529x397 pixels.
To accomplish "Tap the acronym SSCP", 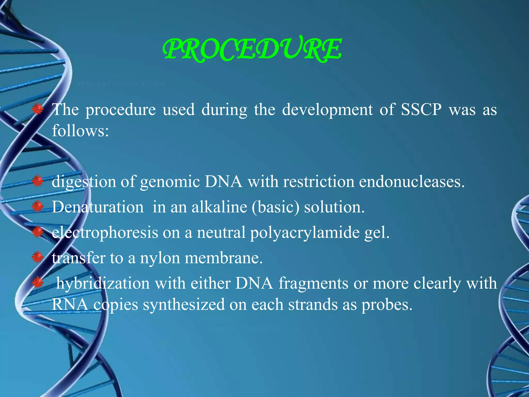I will click(x=421, y=110).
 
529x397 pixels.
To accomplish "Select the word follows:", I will click(x=80, y=131).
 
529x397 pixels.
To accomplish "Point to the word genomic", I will click(x=170, y=182).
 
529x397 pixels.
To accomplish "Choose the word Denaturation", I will click(x=98, y=207).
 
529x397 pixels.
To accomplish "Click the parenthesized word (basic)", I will click(x=275, y=207).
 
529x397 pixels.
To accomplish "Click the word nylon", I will click(x=160, y=258).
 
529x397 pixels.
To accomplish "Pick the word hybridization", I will click(x=103, y=283).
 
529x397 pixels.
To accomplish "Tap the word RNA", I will click(x=70, y=304).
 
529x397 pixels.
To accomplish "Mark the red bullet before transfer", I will click(x=38, y=257).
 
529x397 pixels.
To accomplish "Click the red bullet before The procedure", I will click(x=38, y=109).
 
